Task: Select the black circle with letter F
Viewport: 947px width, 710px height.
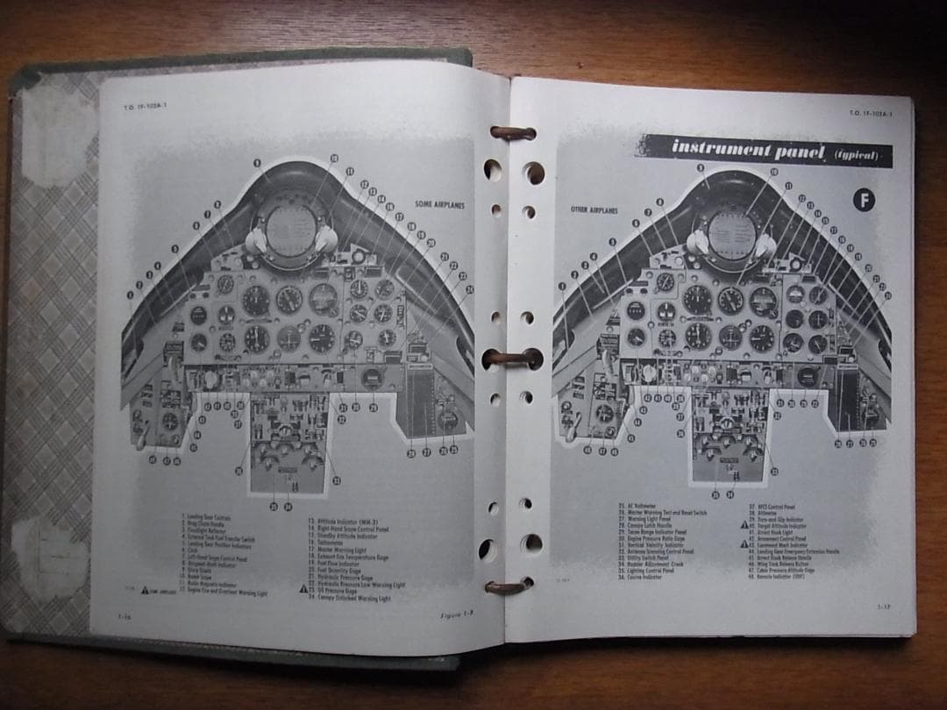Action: [865, 201]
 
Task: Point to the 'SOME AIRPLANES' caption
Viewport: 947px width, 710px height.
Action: [439, 204]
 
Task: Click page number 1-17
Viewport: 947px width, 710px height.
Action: [885, 606]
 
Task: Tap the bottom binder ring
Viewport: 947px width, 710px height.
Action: [509, 585]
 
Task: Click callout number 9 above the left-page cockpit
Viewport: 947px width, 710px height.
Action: [257, 163]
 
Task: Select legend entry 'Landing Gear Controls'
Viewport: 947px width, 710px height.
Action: [207, 519]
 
